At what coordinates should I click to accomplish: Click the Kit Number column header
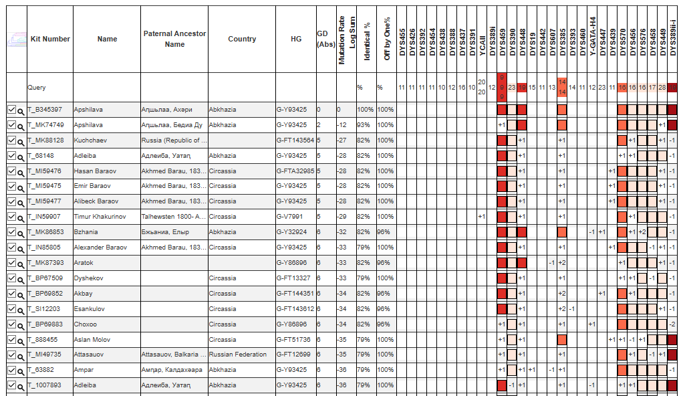[x=50, y=39]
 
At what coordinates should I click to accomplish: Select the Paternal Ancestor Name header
[x=174, y=39]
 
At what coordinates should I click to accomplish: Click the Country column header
[x=242, y=39]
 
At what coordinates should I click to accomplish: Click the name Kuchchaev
[x=90, y=140]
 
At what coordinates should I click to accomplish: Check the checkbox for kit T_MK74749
[x=11, y=125]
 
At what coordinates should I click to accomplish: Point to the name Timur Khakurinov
[x=97, y=217]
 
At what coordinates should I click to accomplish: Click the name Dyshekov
[x=88, y=278]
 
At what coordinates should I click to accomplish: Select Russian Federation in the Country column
[x=238, y=355]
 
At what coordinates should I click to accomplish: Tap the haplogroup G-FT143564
[x=295, y=140]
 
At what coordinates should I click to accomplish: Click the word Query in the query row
[x=37, y=88]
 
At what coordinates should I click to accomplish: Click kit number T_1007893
[x=45, y=385]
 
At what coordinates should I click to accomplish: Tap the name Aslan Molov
[x=92, y=340]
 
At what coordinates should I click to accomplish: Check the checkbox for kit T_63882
[x=11, y=370]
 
